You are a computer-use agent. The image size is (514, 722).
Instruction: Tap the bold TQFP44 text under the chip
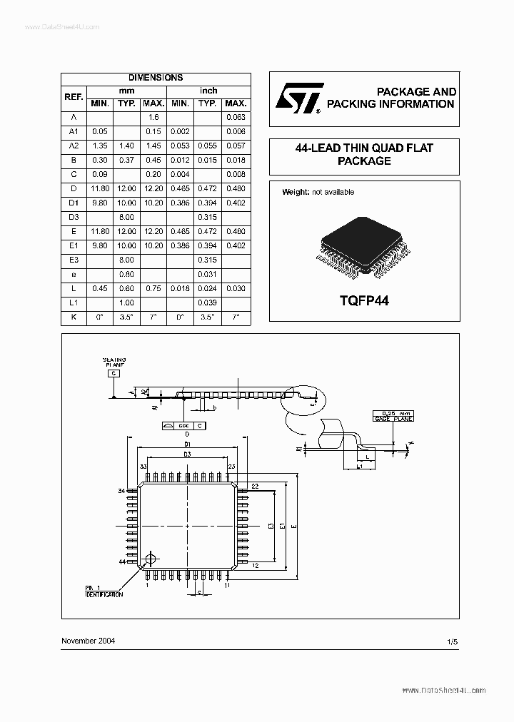click(x=363, y=300)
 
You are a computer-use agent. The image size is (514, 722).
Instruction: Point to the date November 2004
click(x=89, y=641)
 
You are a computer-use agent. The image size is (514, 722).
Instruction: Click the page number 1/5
click(x=451, y=642)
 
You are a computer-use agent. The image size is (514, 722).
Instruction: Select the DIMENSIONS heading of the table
click(x=155, y=78)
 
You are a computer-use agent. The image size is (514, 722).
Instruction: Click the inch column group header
click(x=208, y=91)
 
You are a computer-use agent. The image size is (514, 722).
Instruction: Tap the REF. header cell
click(x=74, y=97)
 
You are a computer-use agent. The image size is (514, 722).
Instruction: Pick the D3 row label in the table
click(x=74, y=217)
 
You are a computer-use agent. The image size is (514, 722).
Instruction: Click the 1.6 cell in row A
click(x=153, y=117)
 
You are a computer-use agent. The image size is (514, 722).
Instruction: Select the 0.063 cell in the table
click(x=236, y=117)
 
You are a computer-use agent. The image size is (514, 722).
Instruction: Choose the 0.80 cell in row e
click(x=126, y=274)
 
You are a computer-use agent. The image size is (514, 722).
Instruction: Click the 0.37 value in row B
click(x=126, y=160)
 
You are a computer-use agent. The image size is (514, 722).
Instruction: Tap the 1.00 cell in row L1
click(x=126, y=302)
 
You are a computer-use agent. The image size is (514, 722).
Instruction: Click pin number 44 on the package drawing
click(x=122, y=562)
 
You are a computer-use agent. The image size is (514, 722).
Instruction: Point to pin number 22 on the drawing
click(x=255, y=485)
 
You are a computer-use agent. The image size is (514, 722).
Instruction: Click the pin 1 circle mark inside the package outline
click(x=151, y=559)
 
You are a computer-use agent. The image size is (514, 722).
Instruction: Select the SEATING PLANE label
click(x=114, y=362)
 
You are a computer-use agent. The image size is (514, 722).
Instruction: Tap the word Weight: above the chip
click(x=296, y=192)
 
